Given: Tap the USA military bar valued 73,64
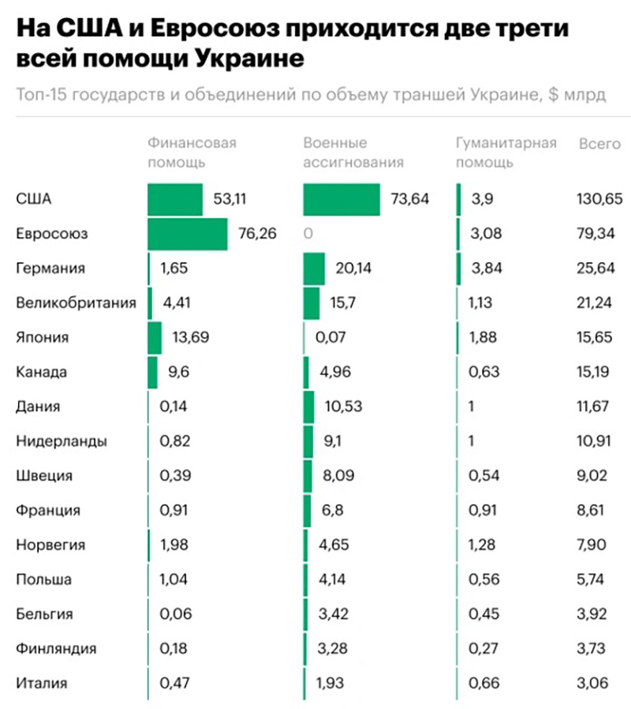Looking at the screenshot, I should tap(341, 200).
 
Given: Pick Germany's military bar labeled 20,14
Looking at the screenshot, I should tap(314, 268).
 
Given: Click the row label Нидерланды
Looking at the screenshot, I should tap(61, 441).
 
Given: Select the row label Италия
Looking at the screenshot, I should tap(42, 683).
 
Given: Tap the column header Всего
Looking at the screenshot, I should tap(599, 144).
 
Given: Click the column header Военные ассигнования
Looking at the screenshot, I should tap(353, 153).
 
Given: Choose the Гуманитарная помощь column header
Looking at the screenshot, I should tap(506, 153).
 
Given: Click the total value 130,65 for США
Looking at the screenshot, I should tap(599, 200).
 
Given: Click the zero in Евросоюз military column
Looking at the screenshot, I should tap(308, 234).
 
